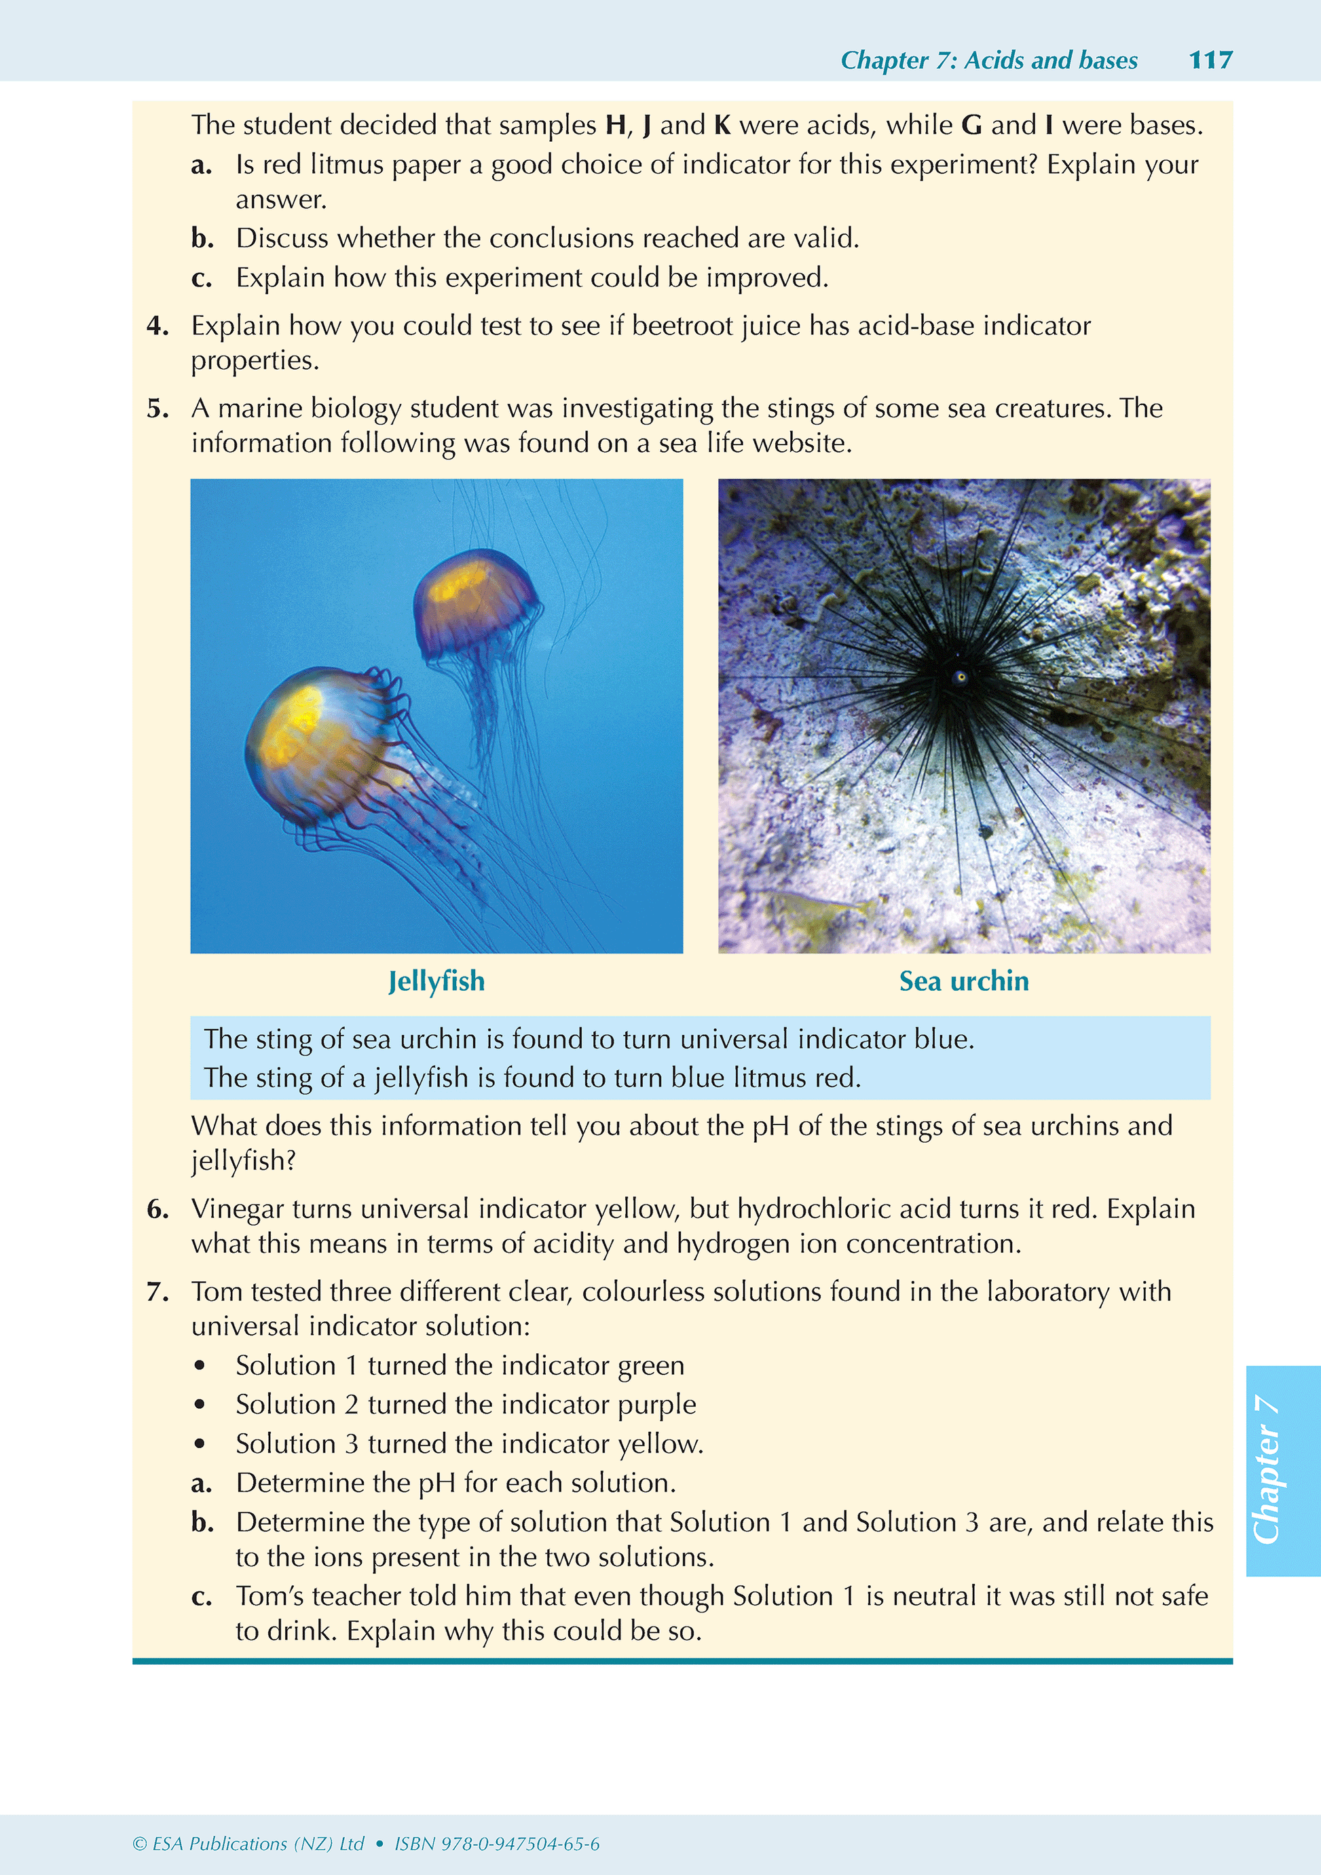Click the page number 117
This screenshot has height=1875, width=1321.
pyautogui.click(x=1210, y=60)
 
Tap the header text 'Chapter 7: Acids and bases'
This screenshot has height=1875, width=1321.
pyautogui.click(x=988, y=60)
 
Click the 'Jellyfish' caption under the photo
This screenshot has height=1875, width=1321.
pyautogui.click(x=436, y=981)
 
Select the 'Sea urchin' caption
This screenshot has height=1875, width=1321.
pyautogui.click(x=964, y=981)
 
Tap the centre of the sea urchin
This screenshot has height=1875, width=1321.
pyautogui.click(x=961, y=676)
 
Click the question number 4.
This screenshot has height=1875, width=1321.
pyautogui.click(x=157, y=326)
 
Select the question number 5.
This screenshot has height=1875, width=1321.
pyautogui.click(x=157, y=409)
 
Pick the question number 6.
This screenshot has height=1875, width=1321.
pyautogui.click(x=157, y=1209)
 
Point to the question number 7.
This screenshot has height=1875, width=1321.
pyautogui.click(x=157, y=1291)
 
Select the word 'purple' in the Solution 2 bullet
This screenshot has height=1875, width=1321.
pyautogui.click(x=656, y=1405)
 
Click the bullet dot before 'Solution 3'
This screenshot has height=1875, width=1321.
pyautogui.click(x=200, y=1444)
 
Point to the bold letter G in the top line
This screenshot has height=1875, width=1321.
pyautogui.click(x=971, y=125)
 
